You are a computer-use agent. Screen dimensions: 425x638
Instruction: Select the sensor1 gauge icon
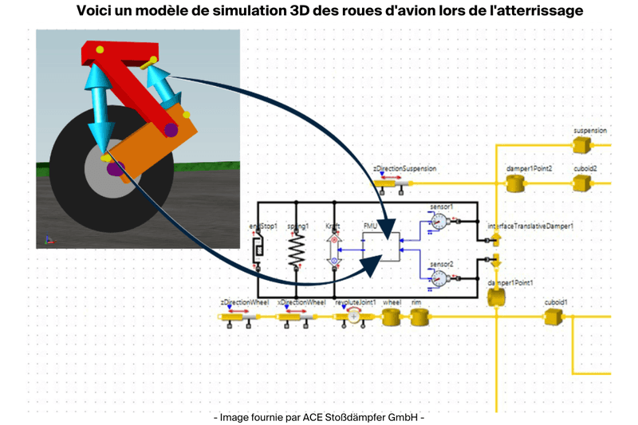point(438,221)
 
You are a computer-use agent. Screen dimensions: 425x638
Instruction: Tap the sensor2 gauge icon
point(438,277)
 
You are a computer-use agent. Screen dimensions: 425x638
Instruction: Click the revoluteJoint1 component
point(352,317)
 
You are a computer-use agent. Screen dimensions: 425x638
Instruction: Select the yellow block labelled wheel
point(391,317)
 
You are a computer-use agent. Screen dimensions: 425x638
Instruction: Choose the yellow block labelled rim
point(419,317)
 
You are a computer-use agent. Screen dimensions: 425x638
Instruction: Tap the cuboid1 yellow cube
point(553,317)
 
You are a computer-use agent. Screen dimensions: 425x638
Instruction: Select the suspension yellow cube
point(581,144)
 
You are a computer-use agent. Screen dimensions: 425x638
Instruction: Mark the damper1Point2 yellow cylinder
point(516,184)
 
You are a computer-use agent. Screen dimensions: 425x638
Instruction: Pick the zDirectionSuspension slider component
point(393,183)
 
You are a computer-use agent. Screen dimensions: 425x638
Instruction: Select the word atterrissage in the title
point(536,11)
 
